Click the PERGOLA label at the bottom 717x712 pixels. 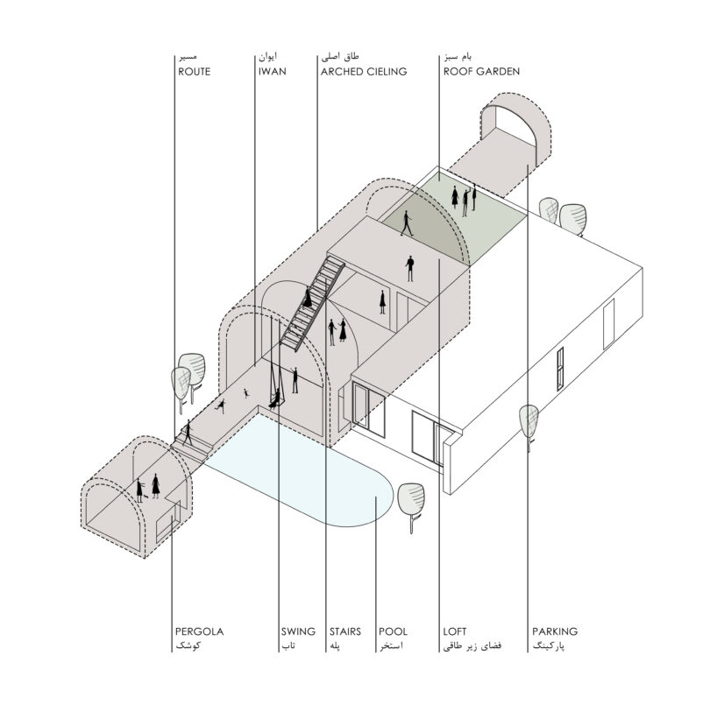[x=200, y=631]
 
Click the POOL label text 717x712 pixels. [x=392, y=631]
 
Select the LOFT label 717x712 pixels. [x=456, y=631]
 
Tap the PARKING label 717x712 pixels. [x=555, y=631]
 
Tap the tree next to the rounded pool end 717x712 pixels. [x=409, y=500]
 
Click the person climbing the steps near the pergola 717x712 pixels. [x=187, y=434]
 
